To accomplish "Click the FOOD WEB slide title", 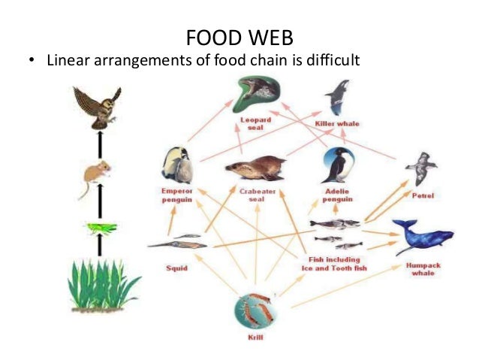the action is pos(239,36).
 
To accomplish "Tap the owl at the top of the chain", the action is pos(98,106).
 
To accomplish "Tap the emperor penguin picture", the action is pos(178,165).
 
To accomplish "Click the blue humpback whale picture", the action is pos(421,237).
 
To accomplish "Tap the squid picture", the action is pos(177,241).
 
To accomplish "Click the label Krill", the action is pos(254,339).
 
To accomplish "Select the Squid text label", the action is pos(177,268).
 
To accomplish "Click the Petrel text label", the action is pos(424,196).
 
